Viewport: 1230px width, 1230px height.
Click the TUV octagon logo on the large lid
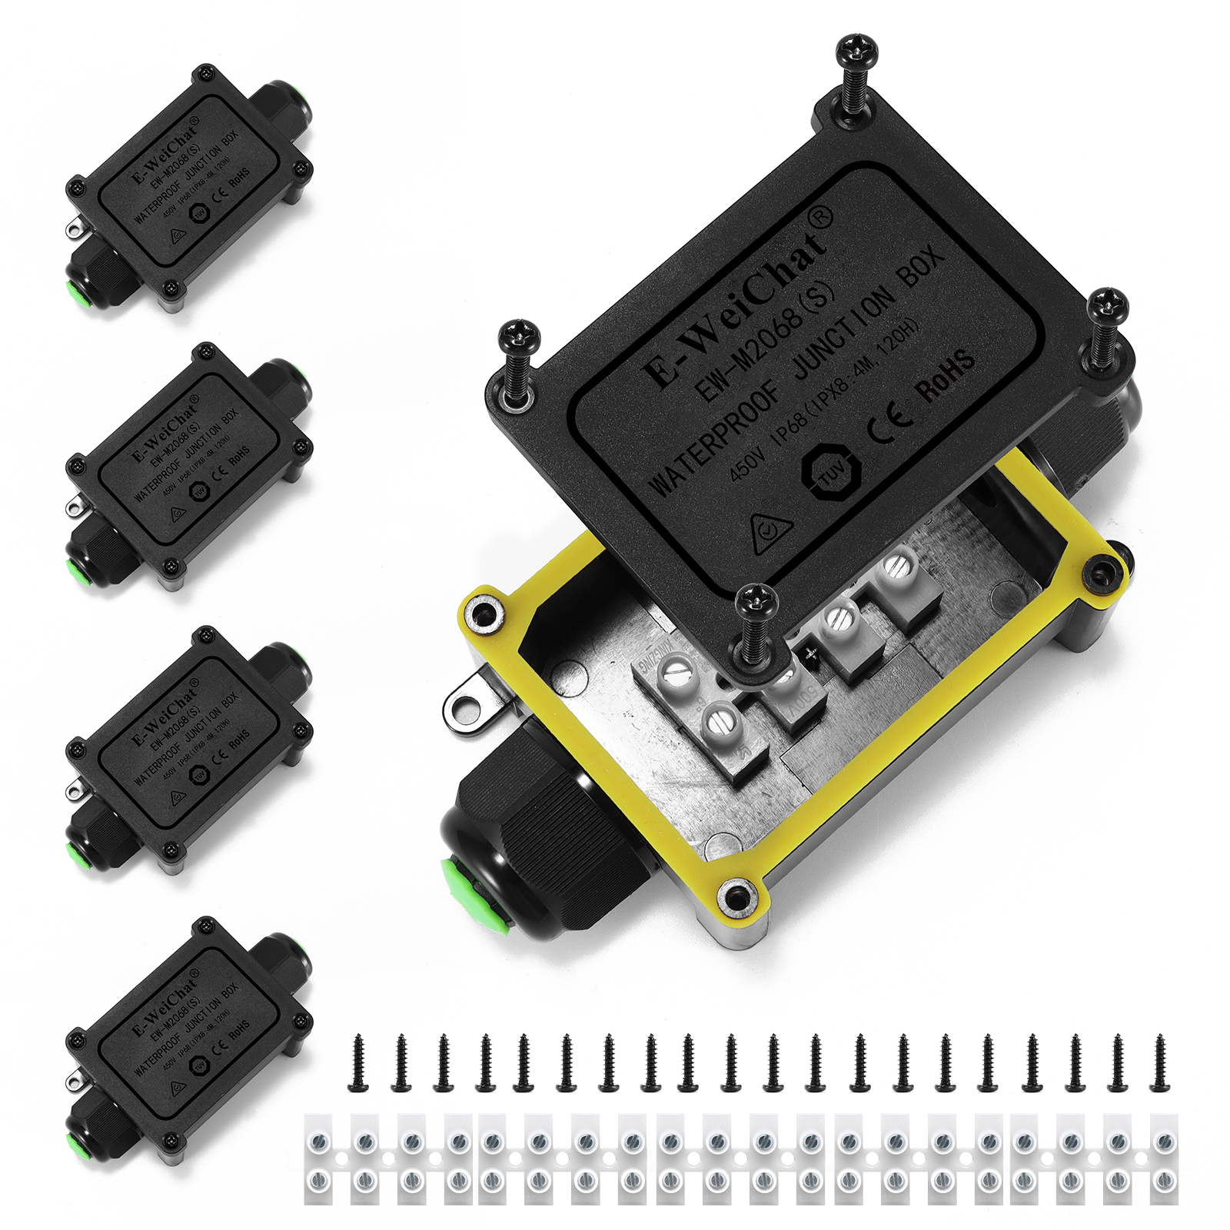(x=831, y=470)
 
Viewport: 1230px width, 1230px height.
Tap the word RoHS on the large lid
(x=945, y=376)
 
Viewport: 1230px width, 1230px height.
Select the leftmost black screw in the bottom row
(x=358, y=1063)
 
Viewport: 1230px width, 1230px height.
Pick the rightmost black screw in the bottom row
(x=1159, y=1063)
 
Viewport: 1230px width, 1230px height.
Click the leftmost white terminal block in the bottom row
(x=319, y=1159)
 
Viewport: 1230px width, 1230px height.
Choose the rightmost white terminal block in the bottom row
(x=1165, y=1159)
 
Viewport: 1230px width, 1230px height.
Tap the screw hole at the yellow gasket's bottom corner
(x=736, y=896)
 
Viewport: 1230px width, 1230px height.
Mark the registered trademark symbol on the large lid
(x=822, y=218)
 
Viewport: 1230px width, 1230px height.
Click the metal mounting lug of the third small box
(x=75, y=790)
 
